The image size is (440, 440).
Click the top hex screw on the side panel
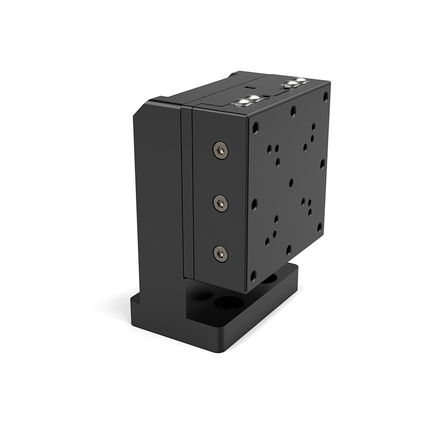click(x=221, y=150)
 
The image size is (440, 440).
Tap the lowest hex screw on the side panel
click(x=221, y=253)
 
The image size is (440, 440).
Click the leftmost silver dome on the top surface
click(x=242, y=102)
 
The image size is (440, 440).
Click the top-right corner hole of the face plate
click(x=325, y=96)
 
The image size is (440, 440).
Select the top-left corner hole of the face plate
click(x=255, y=128)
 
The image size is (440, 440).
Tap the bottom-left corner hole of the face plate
click(x=253, y=276)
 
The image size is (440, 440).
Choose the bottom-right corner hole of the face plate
click(x=319, y=227)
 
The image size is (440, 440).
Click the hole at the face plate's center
click(x=291, y=183)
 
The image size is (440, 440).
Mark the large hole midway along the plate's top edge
click(x=293, y=111)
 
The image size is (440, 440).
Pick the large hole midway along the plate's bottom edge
click(x=288, y=249)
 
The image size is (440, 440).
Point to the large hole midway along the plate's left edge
click(x=254, y=203)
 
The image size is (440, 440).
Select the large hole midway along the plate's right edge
click(x=322, y=163)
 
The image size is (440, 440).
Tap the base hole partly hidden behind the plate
click(x=268, y=279)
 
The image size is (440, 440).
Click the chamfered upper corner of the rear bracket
click(x=141, y=108)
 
